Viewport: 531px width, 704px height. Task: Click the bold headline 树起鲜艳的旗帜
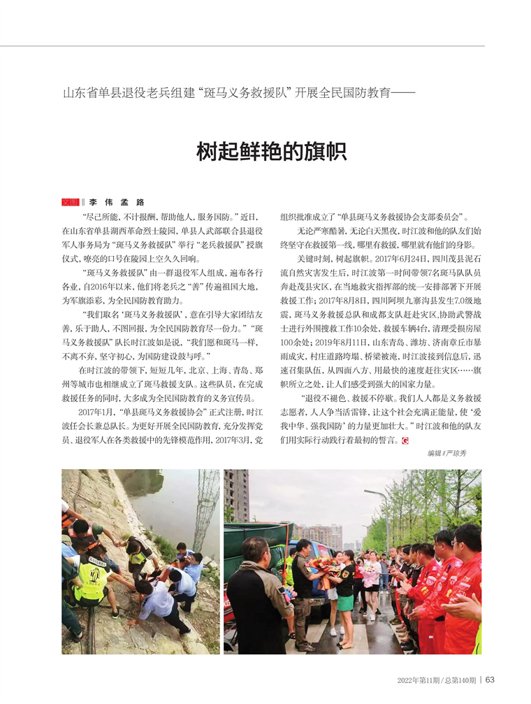(x=272, y=151)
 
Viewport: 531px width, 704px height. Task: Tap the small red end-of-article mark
(x=405, y=440)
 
